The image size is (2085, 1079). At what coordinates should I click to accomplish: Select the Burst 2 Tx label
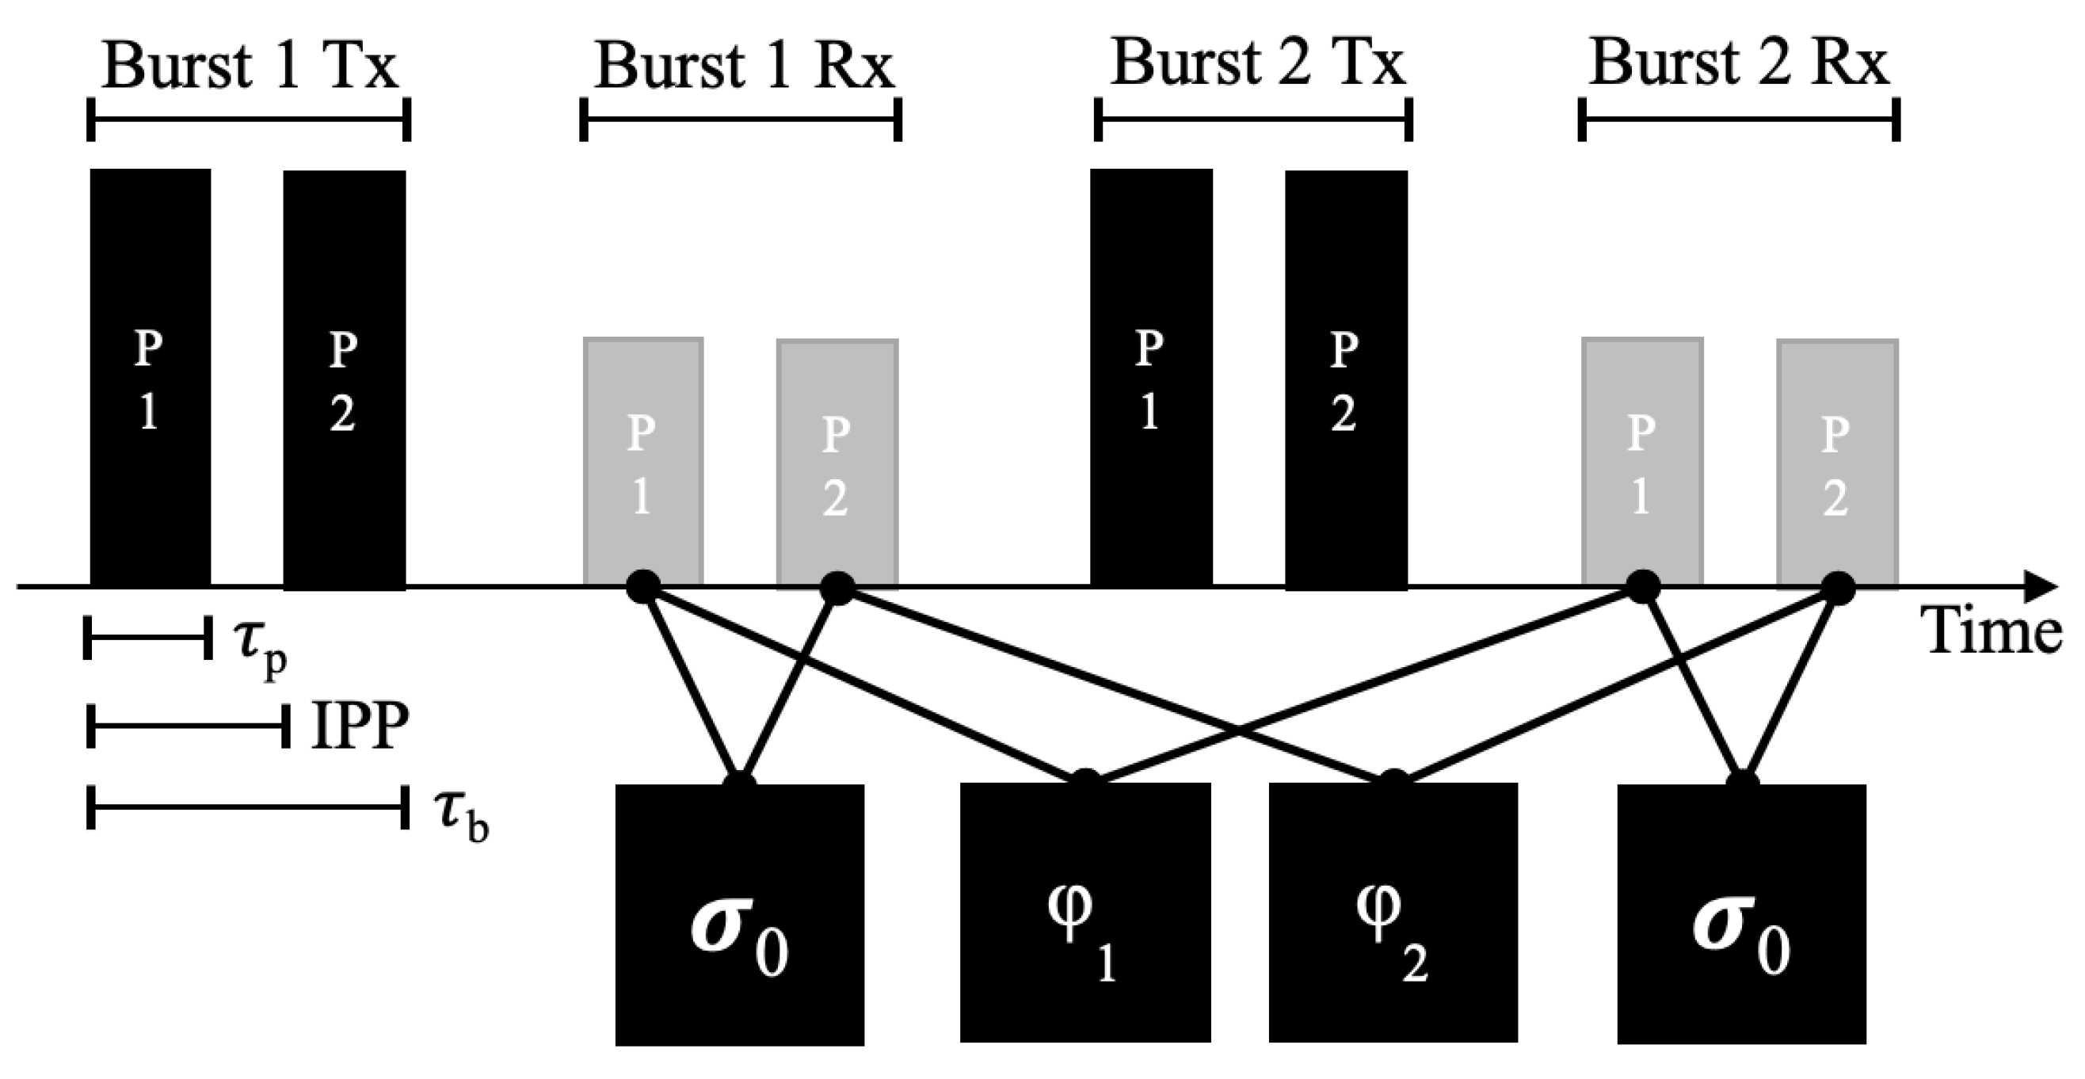[x=1257, y=63]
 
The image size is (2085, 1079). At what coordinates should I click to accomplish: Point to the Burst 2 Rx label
[x=1739, y=63]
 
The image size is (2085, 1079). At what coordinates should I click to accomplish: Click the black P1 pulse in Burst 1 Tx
[x=150, y=377]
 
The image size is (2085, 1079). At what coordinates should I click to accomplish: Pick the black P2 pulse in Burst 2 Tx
[x=1346, y=379]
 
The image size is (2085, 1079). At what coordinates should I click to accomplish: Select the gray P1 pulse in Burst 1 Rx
[x=642, y=461]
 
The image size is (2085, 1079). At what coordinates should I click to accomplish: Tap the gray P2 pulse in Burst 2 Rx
[x=1837, y=463]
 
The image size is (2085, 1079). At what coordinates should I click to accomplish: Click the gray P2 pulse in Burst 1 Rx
[x=837, y=463]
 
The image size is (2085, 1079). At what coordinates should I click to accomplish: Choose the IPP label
[x=360, y=727]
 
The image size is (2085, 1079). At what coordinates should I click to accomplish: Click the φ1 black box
[x=1084, y=913]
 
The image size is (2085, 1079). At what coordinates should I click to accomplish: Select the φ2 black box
[x=1392, y=913]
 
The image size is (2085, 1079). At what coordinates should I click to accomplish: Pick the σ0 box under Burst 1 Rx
[x=739, y=915]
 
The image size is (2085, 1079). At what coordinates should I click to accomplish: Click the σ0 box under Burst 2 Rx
[x=1741, y=915]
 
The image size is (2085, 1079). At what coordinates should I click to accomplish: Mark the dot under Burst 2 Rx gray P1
[x=1643, y=587]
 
